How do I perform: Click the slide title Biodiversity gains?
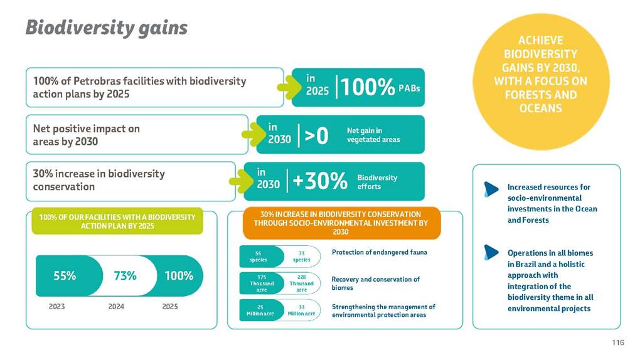coord(106,27)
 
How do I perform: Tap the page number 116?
coord(617,342)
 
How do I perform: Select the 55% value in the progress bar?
coord(64,275)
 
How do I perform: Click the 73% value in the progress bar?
coord(125,275)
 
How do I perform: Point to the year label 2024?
coord(116,307)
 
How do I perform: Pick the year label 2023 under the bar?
coord(57,307)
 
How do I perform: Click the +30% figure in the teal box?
coord(320,181)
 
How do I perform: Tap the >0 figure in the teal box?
coord(316,135)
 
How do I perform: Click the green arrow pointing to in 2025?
coord(289,87)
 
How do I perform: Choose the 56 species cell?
coord(257,256)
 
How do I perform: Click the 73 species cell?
coord(301,256)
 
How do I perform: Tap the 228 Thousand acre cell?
coord(301,283)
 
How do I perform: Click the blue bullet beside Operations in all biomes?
coord(491,252)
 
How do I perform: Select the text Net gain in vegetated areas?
coord(373,135)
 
